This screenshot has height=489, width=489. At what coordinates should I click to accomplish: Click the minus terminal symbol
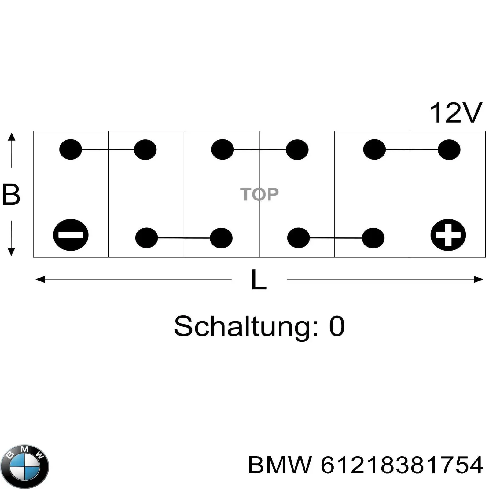click(71, 235)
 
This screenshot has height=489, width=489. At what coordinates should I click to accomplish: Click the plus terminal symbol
click(448, 235)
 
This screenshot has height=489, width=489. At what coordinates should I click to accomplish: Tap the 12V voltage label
click(456, 113)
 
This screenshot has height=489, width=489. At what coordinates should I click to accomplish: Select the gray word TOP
click(259, 194)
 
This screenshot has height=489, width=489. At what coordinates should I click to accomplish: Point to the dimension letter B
click(11, 194)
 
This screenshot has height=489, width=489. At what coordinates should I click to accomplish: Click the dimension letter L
click(259, 279)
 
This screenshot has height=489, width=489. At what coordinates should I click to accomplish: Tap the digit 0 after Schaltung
click(337, 326)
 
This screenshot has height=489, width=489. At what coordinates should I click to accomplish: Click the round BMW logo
click(25, 466)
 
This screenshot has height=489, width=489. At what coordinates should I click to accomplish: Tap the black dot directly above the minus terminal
click(71, 149)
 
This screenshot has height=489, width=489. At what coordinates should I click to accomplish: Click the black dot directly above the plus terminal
click(449, 149)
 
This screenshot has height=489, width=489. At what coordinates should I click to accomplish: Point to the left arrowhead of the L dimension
click(40, 279)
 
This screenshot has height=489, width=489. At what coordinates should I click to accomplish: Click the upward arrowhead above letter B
click(11, 136)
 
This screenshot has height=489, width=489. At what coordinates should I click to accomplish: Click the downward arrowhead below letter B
click(11, 252)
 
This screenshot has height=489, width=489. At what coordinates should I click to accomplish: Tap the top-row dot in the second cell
click(145, 149)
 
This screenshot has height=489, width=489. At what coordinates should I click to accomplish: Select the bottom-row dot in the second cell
click(146, 238)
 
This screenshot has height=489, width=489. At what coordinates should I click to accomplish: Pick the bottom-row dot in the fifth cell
click(373, 238)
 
